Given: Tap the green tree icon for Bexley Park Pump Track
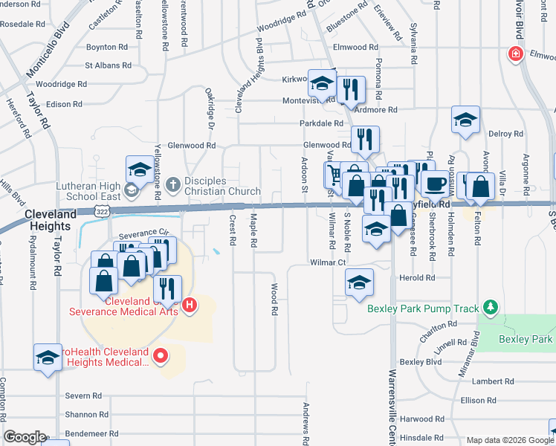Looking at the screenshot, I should click(489, 306).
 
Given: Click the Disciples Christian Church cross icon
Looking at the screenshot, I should click(172, 183).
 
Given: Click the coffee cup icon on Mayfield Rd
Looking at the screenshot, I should click(435, 182).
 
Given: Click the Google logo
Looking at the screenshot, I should click(25, 437).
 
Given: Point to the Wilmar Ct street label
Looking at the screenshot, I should click(329, 262).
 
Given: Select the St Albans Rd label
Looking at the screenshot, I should click(108, 65).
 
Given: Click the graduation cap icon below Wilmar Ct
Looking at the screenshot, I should click(359, 282).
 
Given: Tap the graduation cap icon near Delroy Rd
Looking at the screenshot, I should click(465, 118).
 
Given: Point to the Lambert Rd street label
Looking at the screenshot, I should click(488, 381).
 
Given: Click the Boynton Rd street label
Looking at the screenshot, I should click(107, 47).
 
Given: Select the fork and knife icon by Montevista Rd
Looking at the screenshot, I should click(351, 88).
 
